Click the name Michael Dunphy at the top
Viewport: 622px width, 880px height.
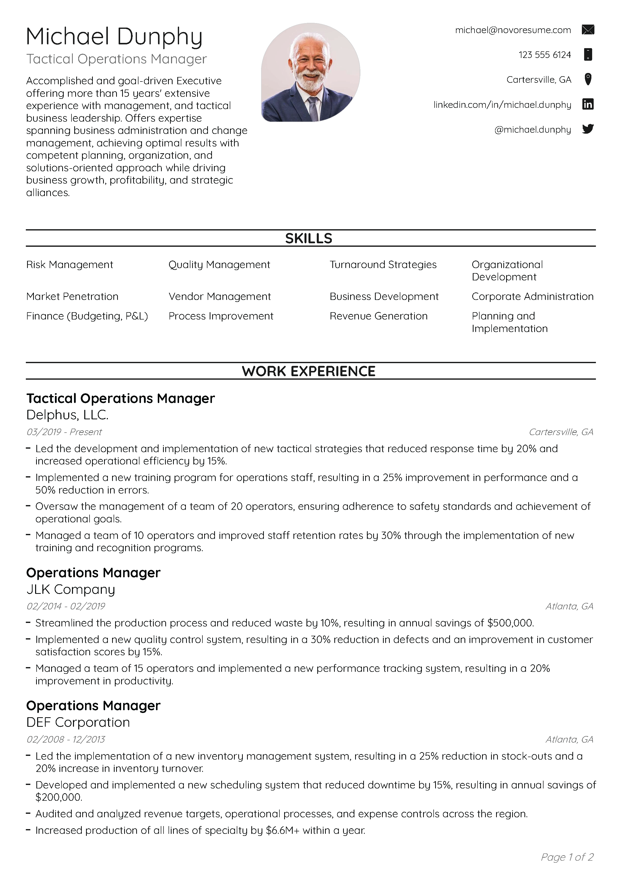[x=114, y=37]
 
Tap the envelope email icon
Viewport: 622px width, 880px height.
[x=588, y=30]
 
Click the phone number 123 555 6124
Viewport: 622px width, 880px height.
[x=545, y=55]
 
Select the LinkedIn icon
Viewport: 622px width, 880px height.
[x=588, y=104]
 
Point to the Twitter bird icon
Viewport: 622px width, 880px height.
[x=588, y=129]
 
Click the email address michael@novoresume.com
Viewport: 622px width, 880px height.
[x=513, y=30]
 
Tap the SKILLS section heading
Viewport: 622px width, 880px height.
[x=308, y=238]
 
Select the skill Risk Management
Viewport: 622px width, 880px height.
[x=69, y=265]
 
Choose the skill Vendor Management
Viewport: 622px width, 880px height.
[x=220, y=297]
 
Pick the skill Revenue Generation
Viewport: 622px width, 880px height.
[x=378, y=316]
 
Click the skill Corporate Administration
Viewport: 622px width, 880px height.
[x=532, y=297]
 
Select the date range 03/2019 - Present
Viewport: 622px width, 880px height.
[x=64, y=432]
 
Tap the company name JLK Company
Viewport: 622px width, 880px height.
[x=70, y=589]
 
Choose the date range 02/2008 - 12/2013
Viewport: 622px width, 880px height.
[x=65, y=739]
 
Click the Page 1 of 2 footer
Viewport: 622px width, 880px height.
[x=567, y=857]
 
